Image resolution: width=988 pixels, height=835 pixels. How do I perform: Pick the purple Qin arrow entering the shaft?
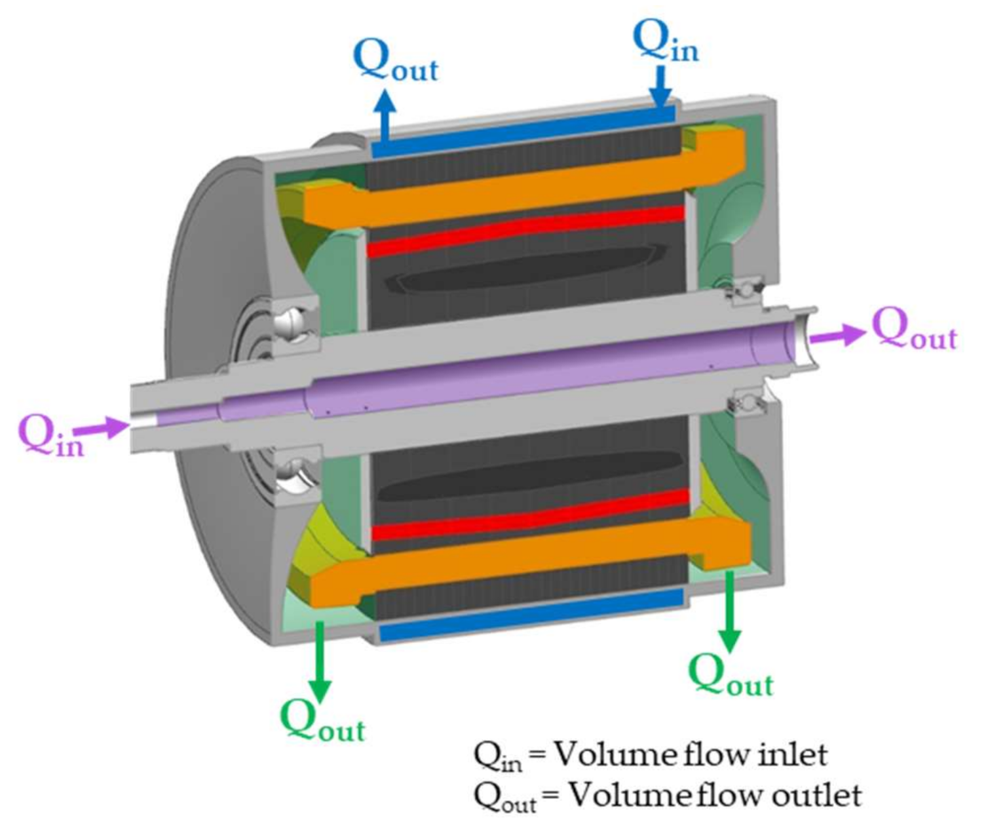pyautogui.click(x=102, y=429)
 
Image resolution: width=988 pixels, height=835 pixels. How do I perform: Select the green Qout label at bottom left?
pyautogui.click(x=322, y=721)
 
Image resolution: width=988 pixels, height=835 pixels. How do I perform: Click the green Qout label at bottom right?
pyautogui.click(x=731, y=675)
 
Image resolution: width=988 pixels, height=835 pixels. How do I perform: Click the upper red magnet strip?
pyautogui.click(x=524, y=231)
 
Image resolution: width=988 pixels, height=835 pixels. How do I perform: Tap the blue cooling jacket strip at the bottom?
pyautogui.click(x=531, y=614)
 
